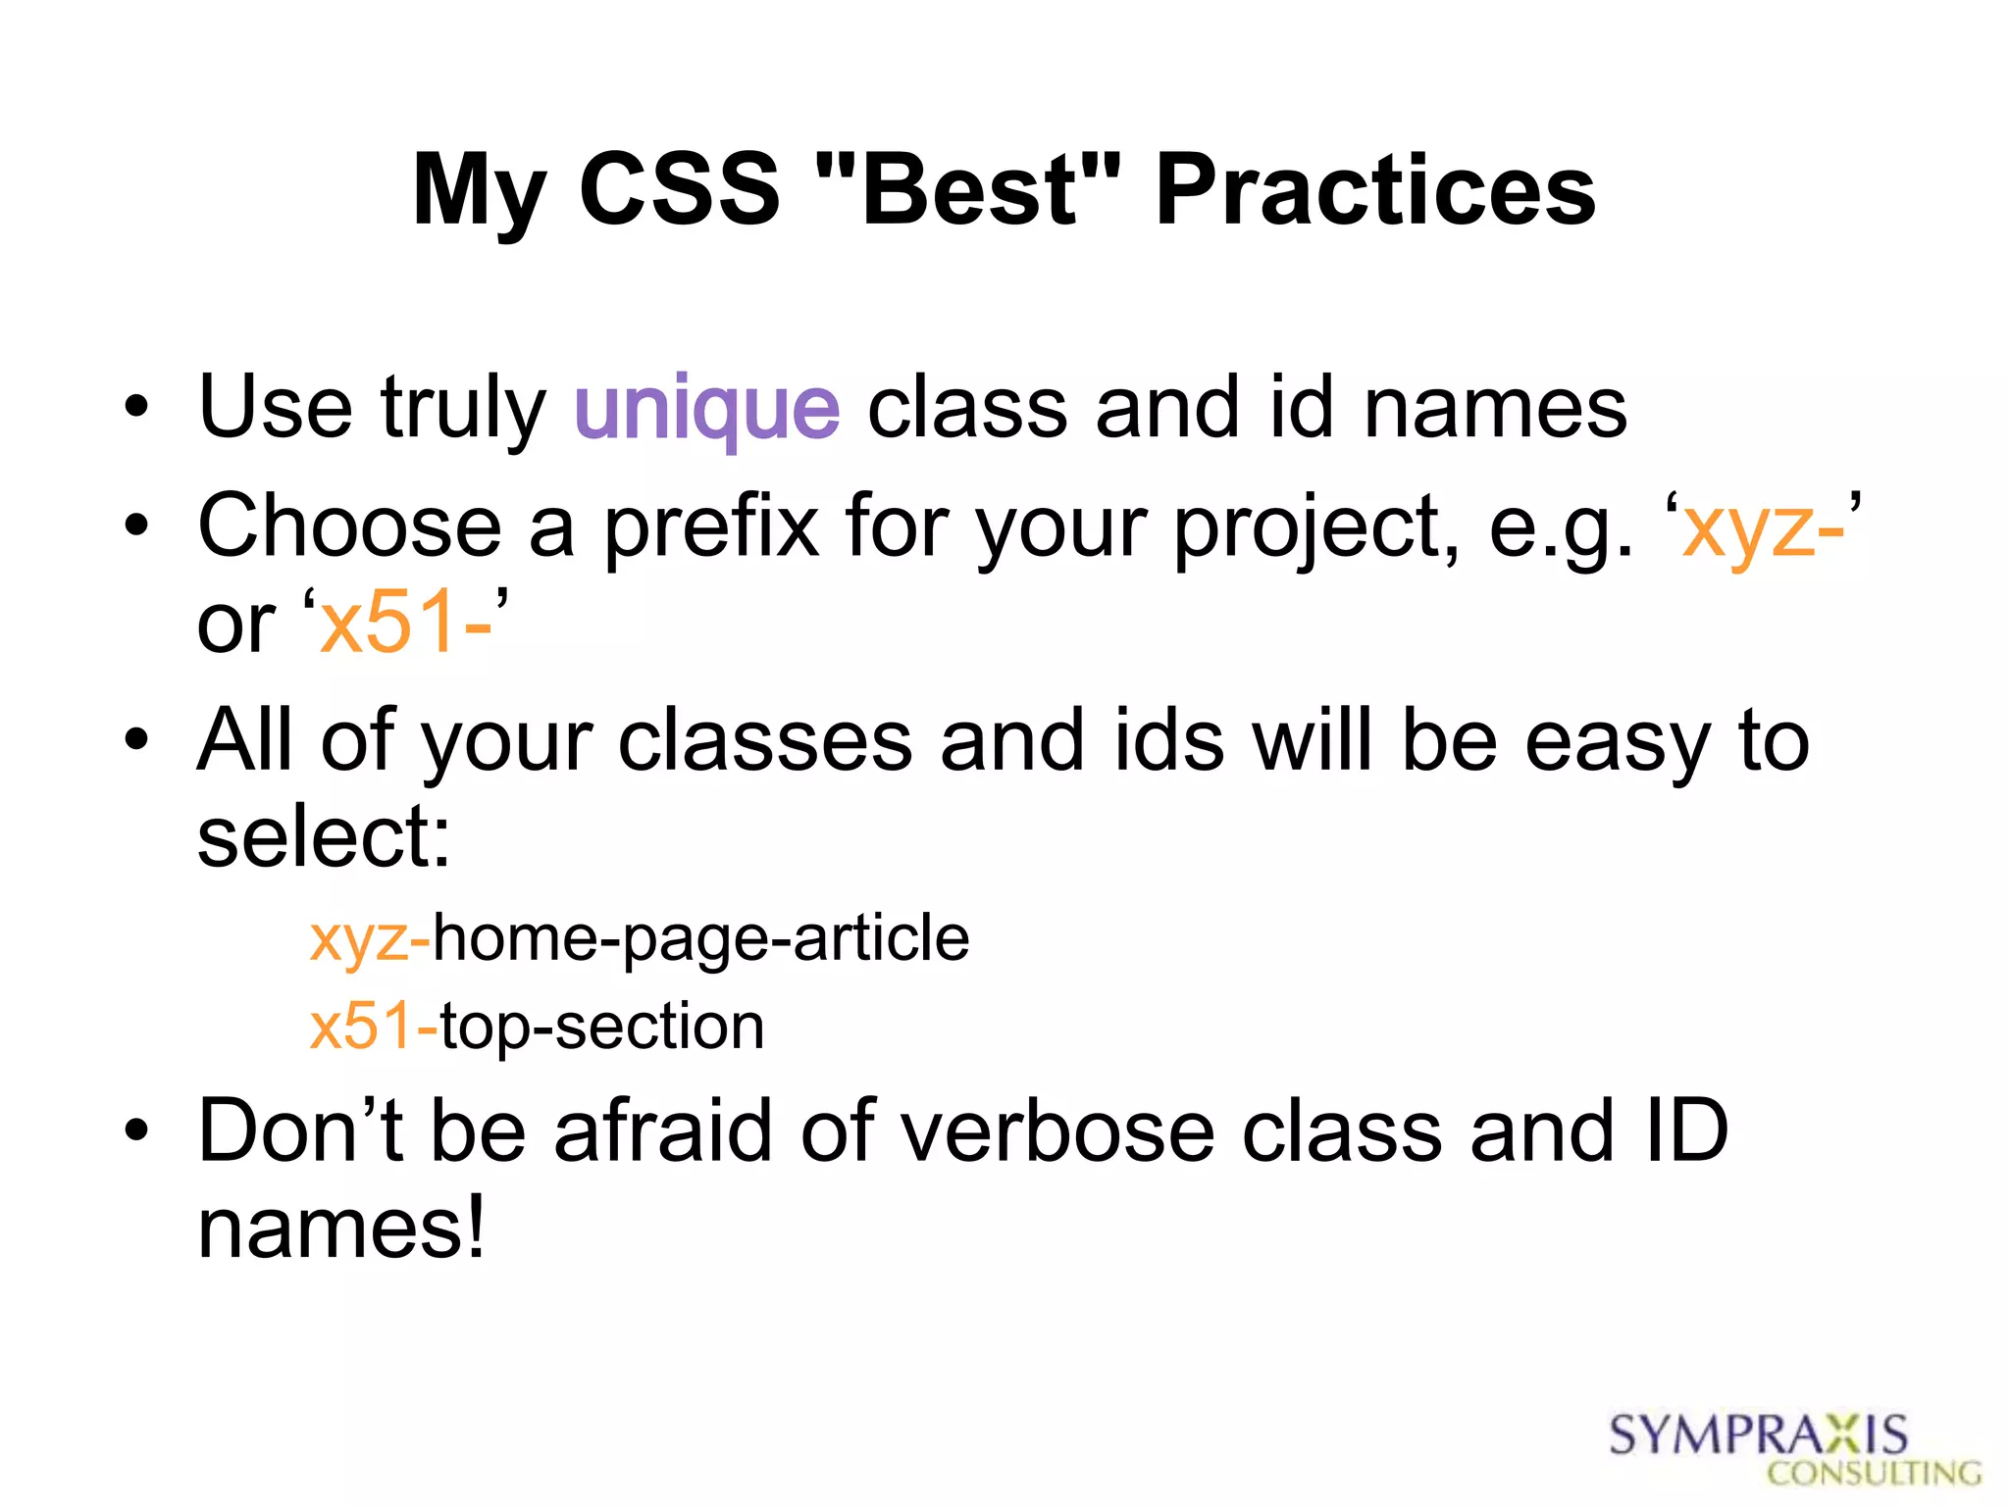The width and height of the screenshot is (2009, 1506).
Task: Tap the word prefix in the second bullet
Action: (x=711, y=527)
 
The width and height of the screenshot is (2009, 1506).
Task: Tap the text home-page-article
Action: (x=700, y=939)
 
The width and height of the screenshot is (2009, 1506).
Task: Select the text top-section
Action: (x=601, y=1028)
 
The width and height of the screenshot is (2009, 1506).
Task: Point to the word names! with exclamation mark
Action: (x=341, y=1230)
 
